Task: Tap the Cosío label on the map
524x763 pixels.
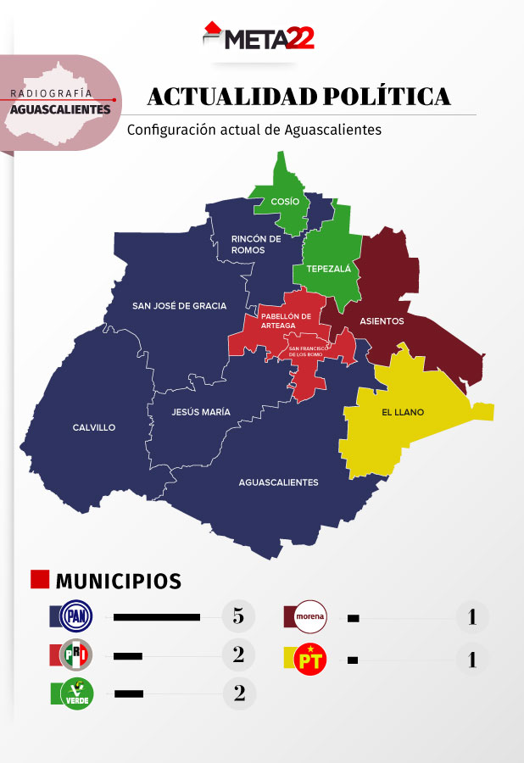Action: coord(285,201)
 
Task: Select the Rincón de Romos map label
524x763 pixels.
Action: coord(256,244)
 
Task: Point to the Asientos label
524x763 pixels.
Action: coord(382,321)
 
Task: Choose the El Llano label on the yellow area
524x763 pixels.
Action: coord(402,413)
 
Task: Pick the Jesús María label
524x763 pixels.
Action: coord(200,412)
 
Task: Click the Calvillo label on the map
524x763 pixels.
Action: coord(94,427)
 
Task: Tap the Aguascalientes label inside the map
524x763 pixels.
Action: coord(278,482)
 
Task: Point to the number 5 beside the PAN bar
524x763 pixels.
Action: coord(238,616)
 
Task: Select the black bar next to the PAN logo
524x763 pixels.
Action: coord(156,617)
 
